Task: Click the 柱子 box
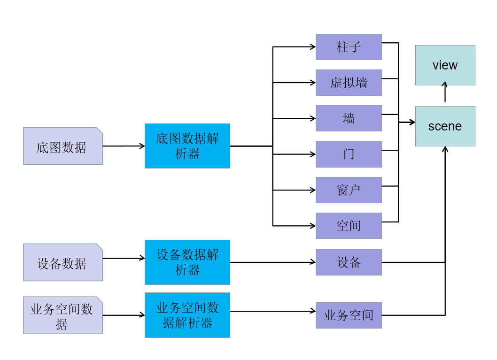349,47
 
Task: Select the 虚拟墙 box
349,83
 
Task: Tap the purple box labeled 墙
349,118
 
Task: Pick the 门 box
349,154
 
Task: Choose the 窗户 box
349,190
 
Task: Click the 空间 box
349,226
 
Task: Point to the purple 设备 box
349,262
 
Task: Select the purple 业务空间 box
349,315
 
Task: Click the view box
445,65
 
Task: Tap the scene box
445,126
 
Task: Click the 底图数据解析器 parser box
187,146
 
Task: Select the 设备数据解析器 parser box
187,262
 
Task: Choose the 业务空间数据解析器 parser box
187,315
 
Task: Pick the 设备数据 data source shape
62,262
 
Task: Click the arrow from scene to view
445,94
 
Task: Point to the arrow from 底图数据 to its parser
124,146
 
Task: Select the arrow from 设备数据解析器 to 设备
272,262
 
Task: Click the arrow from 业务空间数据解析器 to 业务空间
272,311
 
